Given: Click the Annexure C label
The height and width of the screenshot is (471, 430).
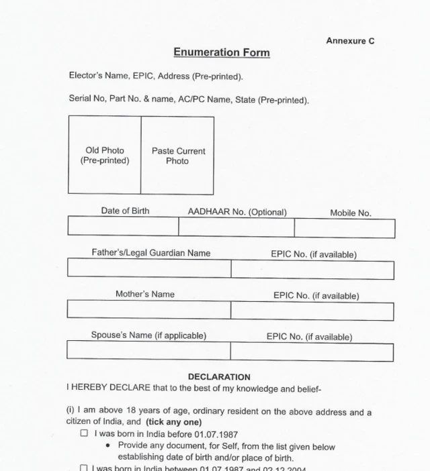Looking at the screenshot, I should coord(350,41).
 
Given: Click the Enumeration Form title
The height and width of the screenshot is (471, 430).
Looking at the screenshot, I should coord(222,52).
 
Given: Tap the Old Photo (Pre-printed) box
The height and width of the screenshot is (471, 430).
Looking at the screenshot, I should coord(105,156).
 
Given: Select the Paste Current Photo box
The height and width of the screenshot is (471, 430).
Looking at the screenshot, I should coord(177,156).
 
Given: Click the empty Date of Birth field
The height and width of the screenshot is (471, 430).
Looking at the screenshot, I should coord(123,227).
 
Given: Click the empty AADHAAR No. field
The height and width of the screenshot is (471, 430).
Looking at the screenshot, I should coord(236,227).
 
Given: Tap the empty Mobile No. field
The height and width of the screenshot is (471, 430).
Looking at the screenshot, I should coord(344,228).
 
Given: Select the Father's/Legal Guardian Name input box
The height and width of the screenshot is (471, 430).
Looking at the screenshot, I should coord(149,269).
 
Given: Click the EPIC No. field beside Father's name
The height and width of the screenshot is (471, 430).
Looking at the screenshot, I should coord(312,270).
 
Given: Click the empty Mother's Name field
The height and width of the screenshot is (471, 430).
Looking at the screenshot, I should coord(148,309).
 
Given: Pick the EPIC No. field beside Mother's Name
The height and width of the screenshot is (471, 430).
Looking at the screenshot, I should coord(312,311).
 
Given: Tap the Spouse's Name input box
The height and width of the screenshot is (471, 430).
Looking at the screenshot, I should coord(148,351).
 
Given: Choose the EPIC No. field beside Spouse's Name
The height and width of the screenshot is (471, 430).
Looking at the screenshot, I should coord(312,352).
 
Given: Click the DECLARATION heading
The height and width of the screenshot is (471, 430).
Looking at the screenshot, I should coord(219,377).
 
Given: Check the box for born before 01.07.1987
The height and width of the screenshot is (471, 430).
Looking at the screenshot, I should coord(84,433).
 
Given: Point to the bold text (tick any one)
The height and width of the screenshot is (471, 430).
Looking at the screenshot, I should coord(173,422).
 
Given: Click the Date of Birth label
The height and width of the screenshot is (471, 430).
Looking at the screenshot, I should coord(125,211).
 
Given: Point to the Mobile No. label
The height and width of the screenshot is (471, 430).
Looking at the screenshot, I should coord(350,213).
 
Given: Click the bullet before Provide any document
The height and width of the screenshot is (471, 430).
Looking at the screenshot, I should coord(109,446).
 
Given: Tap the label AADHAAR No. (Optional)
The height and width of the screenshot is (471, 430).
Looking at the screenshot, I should coord(236,212).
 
